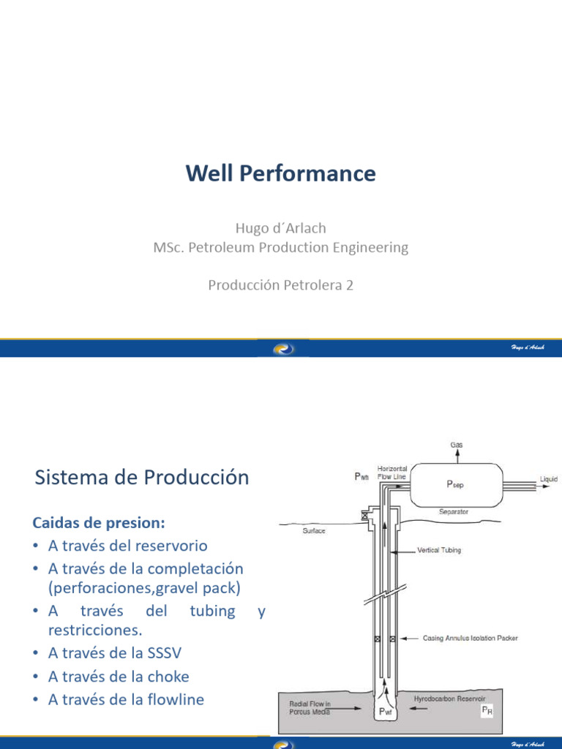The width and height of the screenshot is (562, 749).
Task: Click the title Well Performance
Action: tap(280, 173)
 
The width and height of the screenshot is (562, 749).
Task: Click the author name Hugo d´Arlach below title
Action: tap(280, 228)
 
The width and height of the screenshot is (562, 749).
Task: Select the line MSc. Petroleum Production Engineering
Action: tap(280, 247)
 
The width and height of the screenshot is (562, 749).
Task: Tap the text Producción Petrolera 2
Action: tap(280, 285)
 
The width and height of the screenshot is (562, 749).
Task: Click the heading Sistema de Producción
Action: tap(142, 478)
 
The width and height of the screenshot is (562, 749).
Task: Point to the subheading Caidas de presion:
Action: tap(99, 523)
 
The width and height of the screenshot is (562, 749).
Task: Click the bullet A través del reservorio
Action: tap(127, 546)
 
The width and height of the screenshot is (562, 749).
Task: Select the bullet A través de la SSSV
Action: tap(119, 653)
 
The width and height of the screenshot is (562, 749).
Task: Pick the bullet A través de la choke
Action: tap(119, 677)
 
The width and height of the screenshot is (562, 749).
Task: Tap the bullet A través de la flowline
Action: tap(126, 700)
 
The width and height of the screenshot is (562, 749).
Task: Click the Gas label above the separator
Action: tap(456, 445)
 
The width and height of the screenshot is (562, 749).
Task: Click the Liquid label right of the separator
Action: tap(548, 480)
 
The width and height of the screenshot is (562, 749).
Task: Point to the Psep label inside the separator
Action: tap(454, 485)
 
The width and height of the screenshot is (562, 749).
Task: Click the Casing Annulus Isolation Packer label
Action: tap(471, 639)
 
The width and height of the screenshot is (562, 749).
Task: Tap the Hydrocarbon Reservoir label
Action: tap(449, 699)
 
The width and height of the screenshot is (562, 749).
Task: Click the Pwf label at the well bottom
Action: tap(383, 710)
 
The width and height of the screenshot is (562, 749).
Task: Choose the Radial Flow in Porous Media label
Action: tap(310, 707)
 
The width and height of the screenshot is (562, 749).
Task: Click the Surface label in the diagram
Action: tap(314, 531)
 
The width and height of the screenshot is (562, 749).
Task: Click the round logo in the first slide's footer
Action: tap(283, 349)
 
